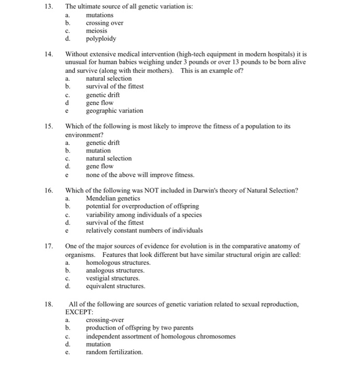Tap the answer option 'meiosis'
pos(96,31)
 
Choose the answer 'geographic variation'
pos(114,111)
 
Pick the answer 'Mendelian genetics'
pos(113,199)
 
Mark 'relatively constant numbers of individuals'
pos(144,230)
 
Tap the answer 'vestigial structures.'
pos(113,278)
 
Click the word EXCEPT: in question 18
pos(78,311)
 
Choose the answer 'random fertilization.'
pos(114,352)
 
